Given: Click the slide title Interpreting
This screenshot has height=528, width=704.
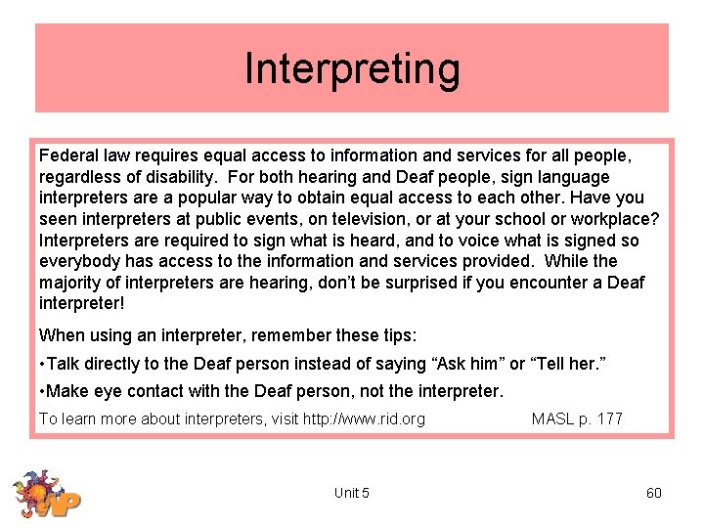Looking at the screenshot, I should pyautogui.click(x=352, y=69).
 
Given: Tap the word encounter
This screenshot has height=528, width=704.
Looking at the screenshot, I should pyautogui.click(x=536, y=283).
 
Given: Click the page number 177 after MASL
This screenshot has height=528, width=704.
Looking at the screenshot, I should pyautogui.click(x=610, y=419).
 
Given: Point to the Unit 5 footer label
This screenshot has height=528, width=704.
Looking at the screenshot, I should pyautogui.click(x=351, y=493).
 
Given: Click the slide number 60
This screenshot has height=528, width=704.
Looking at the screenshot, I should pyautogui.click(x=654, y=493).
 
